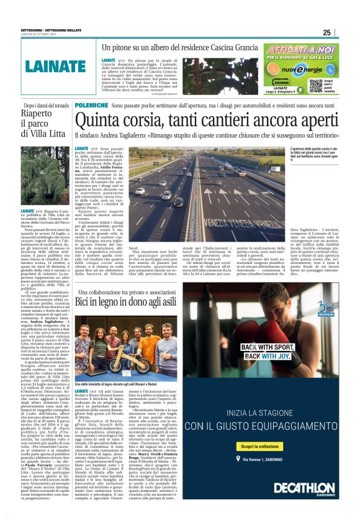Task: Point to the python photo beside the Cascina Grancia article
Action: [x=222, y=76]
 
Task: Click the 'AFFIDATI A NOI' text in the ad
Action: [x=302, y=50]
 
